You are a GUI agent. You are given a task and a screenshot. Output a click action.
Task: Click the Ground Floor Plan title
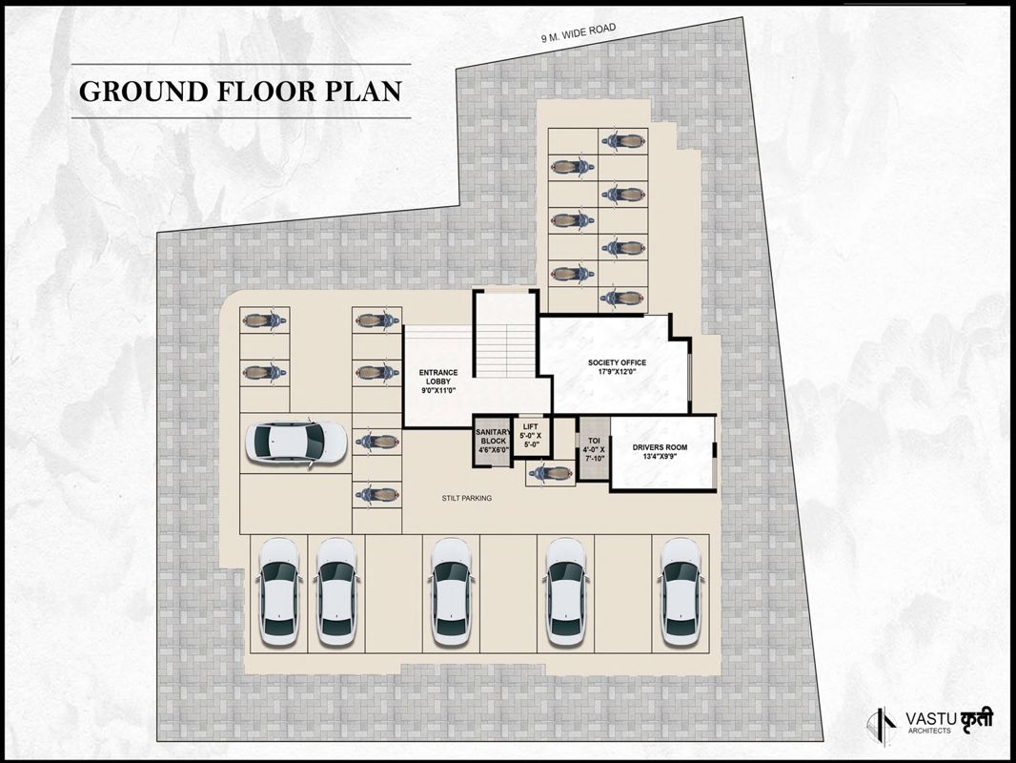(x=240, y=92)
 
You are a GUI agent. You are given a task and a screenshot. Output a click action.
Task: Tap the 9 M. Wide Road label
(x=579, y=34)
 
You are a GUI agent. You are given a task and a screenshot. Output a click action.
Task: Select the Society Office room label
(x=617, y=362)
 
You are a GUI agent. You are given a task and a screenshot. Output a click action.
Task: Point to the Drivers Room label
(x=660, y=447)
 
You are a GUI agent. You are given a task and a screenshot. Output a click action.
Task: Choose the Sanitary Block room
(x=493, y=440)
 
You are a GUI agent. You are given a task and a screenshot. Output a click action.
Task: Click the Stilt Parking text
(x=466, y=498)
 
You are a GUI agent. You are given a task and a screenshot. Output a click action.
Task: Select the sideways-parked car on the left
(x=296, y=443)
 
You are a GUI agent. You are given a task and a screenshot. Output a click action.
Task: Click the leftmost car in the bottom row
(x=280, y=591)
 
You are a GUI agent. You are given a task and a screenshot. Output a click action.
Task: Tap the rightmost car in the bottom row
(x=681, y=591)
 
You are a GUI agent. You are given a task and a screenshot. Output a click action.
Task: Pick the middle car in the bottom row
(x=451, y=591)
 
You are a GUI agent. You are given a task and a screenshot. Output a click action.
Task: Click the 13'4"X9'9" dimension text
(x=660, y=458)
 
